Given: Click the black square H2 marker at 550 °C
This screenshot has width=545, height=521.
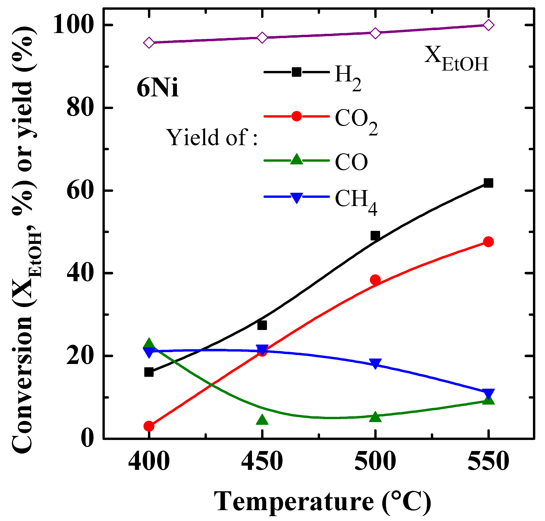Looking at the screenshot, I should pyautogui.click(x=488, y=183).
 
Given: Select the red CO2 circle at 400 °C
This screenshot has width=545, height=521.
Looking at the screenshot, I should pyautogui.click(x=149, y=426).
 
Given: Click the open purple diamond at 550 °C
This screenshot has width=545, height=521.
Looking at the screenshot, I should pyautogui.click(x=488, y=25).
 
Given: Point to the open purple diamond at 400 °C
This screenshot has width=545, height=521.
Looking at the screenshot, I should pyautogui.click(x=149, y=43).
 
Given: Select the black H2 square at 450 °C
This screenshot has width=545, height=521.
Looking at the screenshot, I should pyautogui.click(x=262, y=325).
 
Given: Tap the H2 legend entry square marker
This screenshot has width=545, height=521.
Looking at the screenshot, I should pyautogui.click(x=297, y=72).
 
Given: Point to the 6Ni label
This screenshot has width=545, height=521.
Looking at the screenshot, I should pyautogui.click(x=157, y=88).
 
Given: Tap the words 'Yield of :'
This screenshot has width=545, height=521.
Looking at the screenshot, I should pyautogui.click(x=212, y=137).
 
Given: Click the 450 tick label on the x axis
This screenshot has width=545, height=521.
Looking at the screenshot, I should pyautogui.click(x=262, y=461).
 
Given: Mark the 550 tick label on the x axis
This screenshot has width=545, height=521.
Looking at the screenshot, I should pyautogui.click(x=488, y=461).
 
